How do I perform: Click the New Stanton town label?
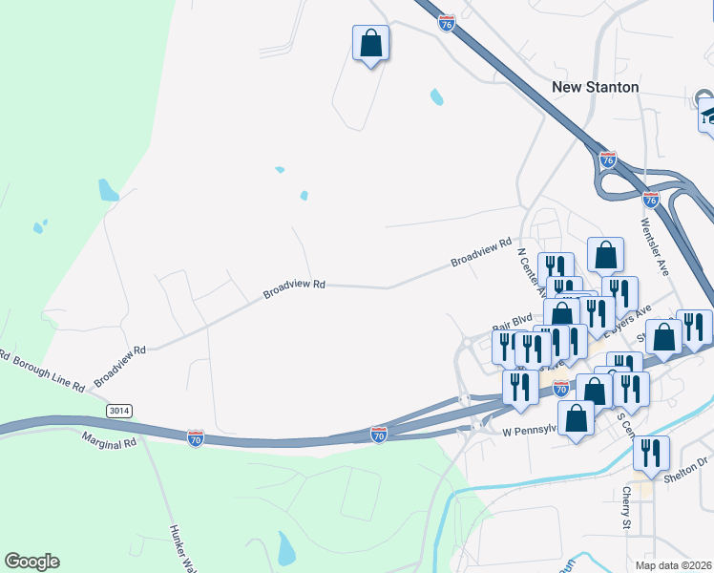click(x=596, y=87)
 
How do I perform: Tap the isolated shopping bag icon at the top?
click(x=370, y=44)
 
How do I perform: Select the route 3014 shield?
click(x=118, y=410)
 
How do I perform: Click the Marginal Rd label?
click(x=109, y=442)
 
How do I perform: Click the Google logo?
click(x=31, y=562)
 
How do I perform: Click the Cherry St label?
click(x=627, y=509)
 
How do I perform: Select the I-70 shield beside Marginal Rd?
click(x=195, y=437)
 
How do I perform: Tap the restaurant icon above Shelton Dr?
click(x=651, y=454)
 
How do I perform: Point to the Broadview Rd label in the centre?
click(x=295, y=286)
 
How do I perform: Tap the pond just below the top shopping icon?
click(x=436, y=96)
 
